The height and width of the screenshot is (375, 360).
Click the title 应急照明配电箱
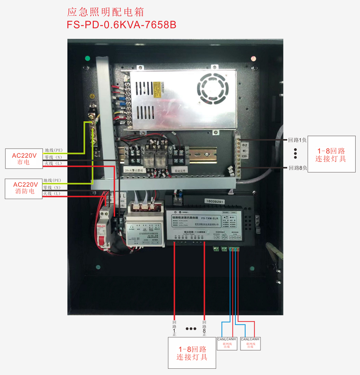coord(106,11)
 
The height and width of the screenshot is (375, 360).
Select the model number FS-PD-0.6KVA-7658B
coord(122,25)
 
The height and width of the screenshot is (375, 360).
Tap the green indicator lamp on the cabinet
coord(87,59)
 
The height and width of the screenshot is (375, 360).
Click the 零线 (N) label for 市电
coord(53,157)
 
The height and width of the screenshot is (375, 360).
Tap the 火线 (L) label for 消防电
coord(52,193)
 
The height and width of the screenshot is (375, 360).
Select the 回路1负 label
coord(298,140)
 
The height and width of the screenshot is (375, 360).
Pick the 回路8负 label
coord(298,168)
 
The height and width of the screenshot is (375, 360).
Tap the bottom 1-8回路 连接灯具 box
coord(191,353)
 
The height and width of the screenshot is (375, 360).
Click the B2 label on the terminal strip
coord(245,144)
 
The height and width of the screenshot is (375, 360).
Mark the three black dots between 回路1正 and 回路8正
coord(190,329)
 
